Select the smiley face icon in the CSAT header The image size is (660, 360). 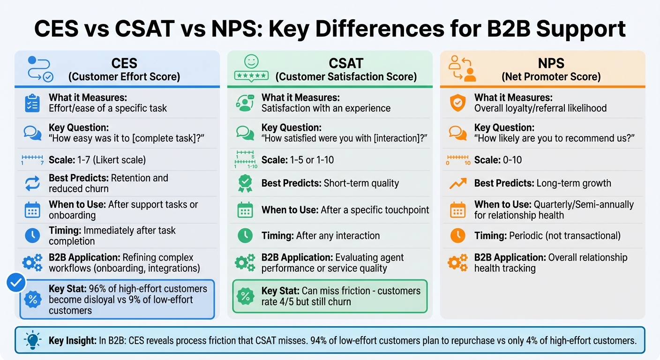(x=251, y=61)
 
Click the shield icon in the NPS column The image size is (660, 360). (x=457, y=103)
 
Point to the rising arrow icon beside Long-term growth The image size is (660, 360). (x=457, y=183)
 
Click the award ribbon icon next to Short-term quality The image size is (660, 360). (x=245, y=183)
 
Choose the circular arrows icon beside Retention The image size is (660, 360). (x=32, y=183)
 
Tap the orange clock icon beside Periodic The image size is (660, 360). (x=457, y=235)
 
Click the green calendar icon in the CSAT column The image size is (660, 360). (x=245, y=210)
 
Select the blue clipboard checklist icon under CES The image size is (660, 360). (x=32, y=103)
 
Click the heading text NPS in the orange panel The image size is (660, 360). (x=551, y=63)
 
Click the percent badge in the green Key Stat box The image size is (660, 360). (x=245, y=296)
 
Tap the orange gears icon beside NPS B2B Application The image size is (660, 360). (x=457, y=262)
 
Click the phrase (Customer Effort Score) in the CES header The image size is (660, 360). (x=124, y=77)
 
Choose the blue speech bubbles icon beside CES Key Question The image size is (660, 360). (x=32, y=133)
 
